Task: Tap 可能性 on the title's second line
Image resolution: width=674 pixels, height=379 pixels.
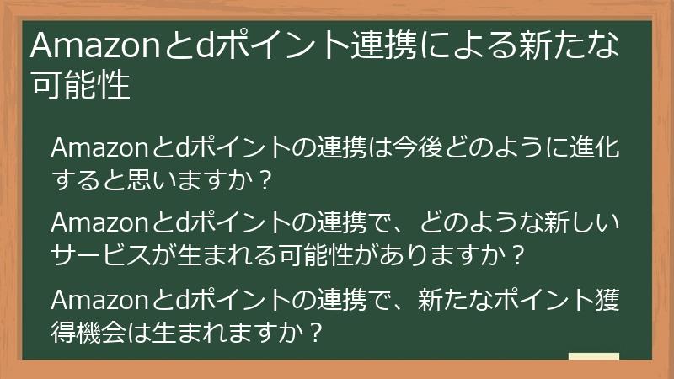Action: pos(80,85)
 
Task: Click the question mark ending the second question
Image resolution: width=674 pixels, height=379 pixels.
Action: pos(518,253)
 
